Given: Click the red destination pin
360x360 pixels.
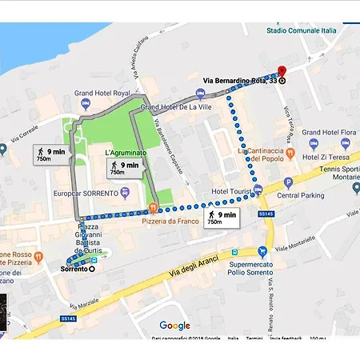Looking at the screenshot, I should coord(281,70).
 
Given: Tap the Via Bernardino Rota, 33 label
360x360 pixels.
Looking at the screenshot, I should coord(238,81).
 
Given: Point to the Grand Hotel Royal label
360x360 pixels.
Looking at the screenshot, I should coord(102,94).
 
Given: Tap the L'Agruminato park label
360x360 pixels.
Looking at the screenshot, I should coord(124,152).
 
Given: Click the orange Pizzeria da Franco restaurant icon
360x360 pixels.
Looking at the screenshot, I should coord(153,207).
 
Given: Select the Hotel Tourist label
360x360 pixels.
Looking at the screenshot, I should coord(232,192).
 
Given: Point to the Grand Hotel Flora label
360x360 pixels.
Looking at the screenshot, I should coord(322,132).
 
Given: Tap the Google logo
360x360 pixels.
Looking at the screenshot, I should coord(174,326).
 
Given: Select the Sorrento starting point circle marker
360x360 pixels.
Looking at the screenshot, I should coord(91,269).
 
